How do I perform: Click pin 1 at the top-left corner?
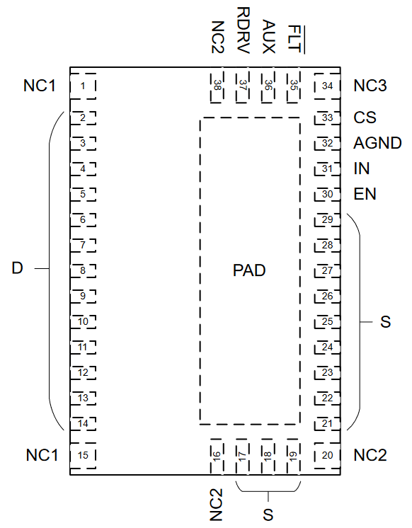click(x=83, y=86)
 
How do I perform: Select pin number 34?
click(x=328, y=86)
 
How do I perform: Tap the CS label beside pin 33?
click(x=365, y=117)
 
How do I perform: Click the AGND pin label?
click(x=377, y=143)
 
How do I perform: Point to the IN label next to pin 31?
click(x=362, y=168)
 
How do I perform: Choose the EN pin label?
click(x=365, y=194)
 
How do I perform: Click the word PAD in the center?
click(x=249, y=270)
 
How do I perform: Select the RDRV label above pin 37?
click(x=244, y=30)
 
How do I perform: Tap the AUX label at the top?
click(x=268, y=37)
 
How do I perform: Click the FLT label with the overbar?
click(x=295, y=39)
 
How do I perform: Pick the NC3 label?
click(x=370, y=86)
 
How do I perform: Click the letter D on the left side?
click(x=17, y=268)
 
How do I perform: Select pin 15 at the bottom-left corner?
click(x=83, y=456)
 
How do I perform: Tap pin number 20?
click(x=328, y=456)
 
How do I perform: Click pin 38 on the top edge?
click(x=217, y=86)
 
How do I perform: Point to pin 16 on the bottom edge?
click(x=217, y=457)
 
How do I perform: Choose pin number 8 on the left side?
click(x=83, y=271)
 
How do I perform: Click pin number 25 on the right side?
click(x=328, y=321)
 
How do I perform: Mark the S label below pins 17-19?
click(x=268, y=515)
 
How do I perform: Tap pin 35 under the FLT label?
click(x=294, y=86)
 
